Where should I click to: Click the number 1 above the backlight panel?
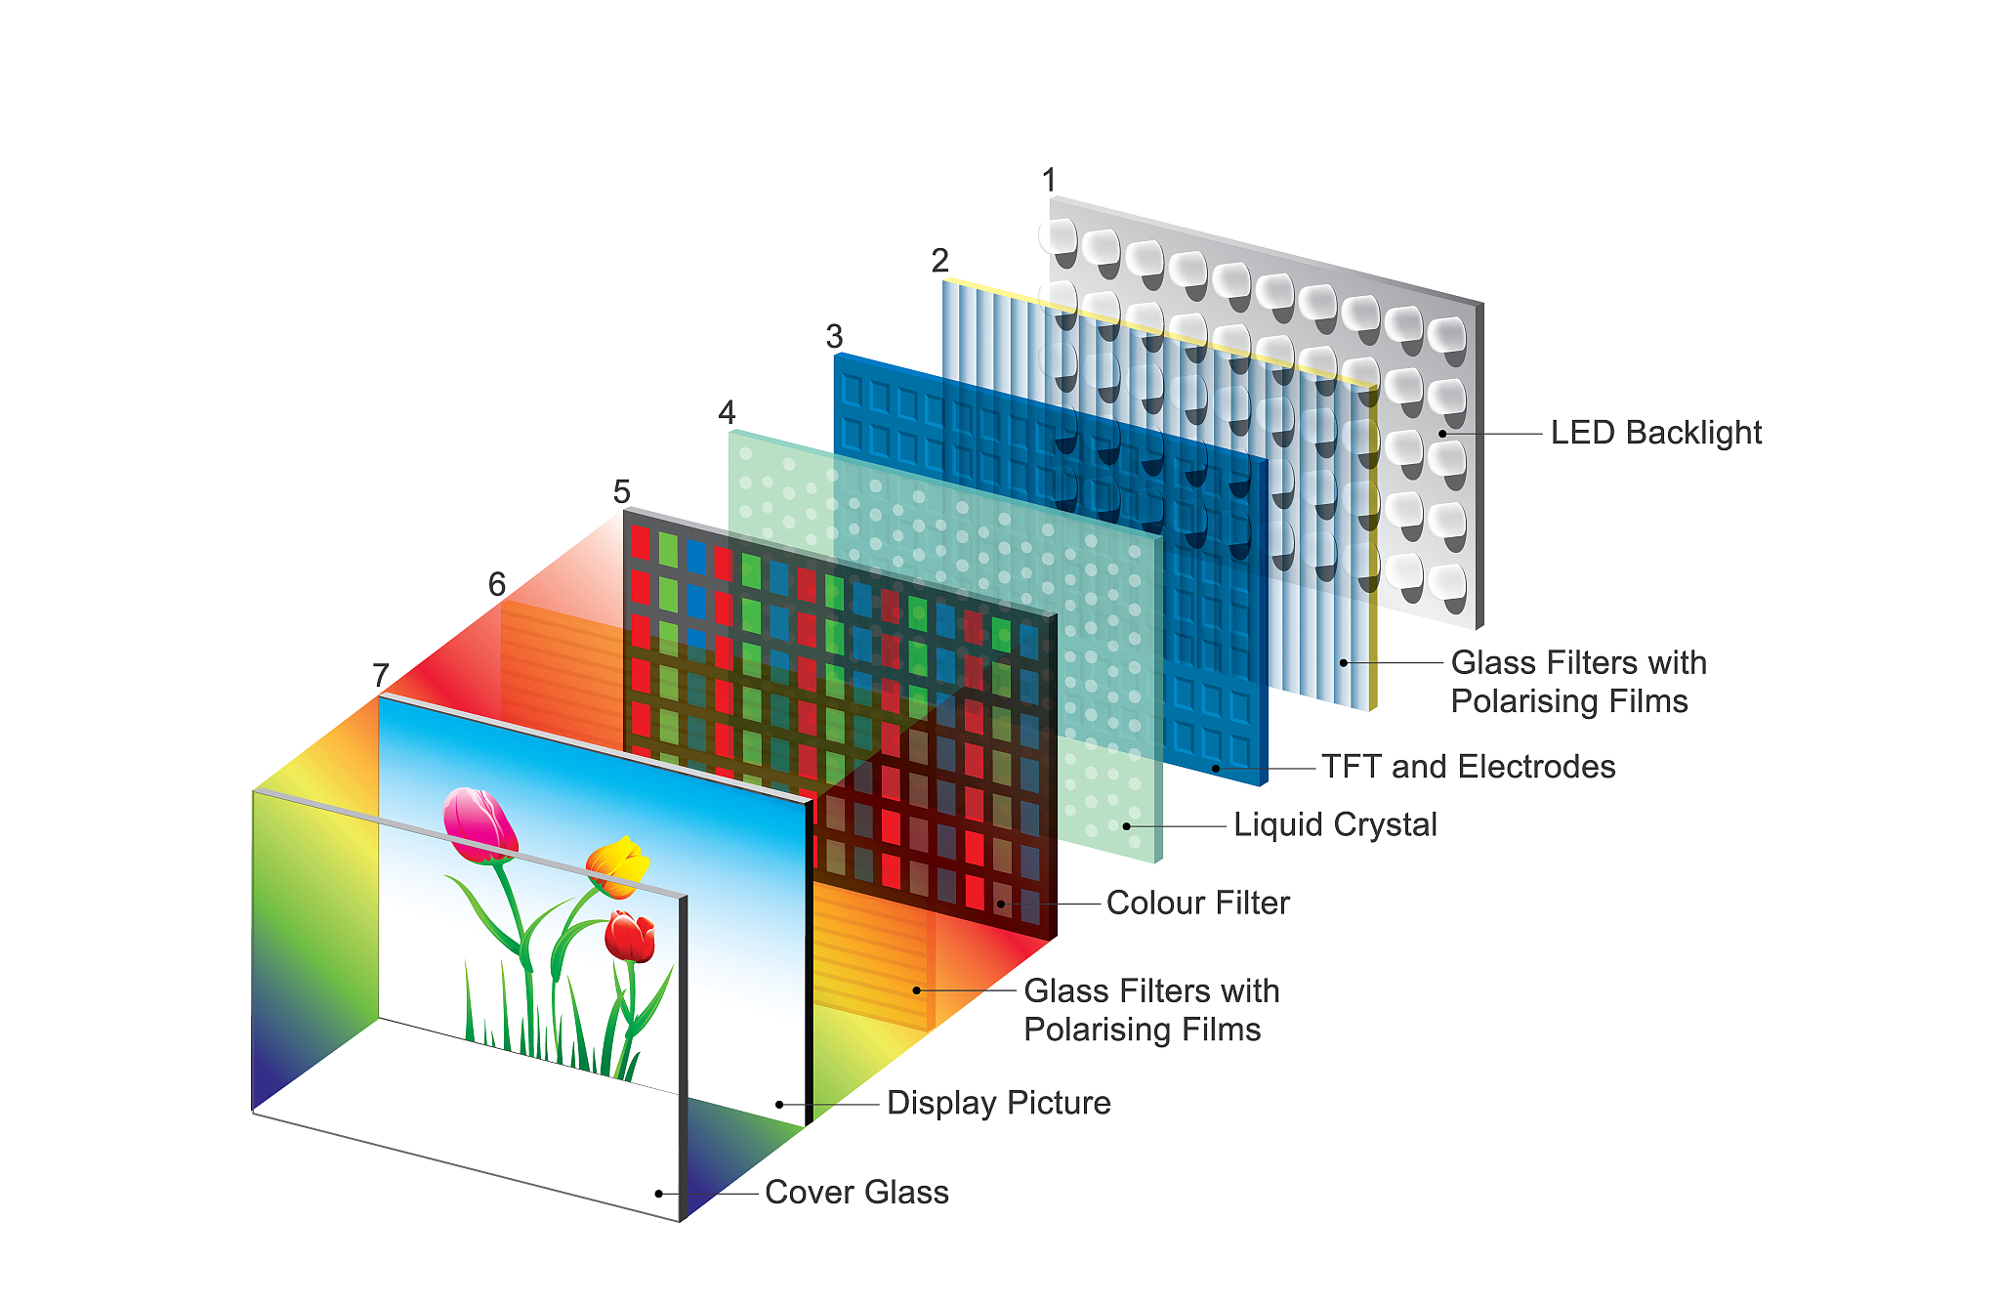click(x=1050, y=181)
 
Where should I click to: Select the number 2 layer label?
click(x=940, y=261)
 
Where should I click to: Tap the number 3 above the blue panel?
click(x=834, y=337)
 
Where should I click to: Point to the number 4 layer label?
click(x=727, y=413)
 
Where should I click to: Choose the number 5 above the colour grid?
click(x=622, y=491)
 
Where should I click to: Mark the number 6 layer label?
click(x=497, y=584)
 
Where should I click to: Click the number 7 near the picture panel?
click(x=381, y=675)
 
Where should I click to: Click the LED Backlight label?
click(x=1655, y=433)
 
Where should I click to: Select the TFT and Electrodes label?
click(x=1468, y=767)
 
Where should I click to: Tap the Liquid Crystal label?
click(x=1335, y=824)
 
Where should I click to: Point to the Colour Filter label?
click(x=1197, y=903)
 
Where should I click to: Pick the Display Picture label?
click(x=998, y=1103)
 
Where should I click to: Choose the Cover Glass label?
click(x=856, y=1193)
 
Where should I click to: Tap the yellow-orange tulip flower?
click(x=617, y=865)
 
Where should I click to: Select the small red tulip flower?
click(x=630, y=936)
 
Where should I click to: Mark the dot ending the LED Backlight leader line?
click(x=1442, y=434)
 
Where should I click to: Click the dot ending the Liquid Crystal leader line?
click(x=1126, y=826)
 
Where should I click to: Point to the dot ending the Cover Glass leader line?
click(x=659, y=1194)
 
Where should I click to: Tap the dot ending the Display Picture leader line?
click(x=779, y=1105)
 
